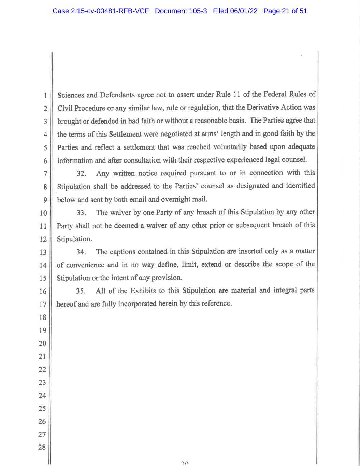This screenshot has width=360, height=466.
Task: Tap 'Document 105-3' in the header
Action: tap(181, 11)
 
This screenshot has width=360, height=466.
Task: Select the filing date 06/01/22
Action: tap(244, 11)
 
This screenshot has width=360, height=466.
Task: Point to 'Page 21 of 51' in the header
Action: tap(285, 11)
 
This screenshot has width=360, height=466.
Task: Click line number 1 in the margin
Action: tap(45, 96)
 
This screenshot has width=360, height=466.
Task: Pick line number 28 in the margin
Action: tap(42, 447)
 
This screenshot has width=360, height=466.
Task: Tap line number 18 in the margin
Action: tap(42, 317)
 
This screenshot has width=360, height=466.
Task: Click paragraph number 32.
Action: tap(81, 174)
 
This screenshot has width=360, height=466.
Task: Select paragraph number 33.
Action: tap(81, 213)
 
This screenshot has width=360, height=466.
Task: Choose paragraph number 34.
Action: tap(81, 252)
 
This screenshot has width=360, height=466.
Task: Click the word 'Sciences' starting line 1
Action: tap(69, 95)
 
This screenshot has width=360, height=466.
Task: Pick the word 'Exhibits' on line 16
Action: tap(143, 291)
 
